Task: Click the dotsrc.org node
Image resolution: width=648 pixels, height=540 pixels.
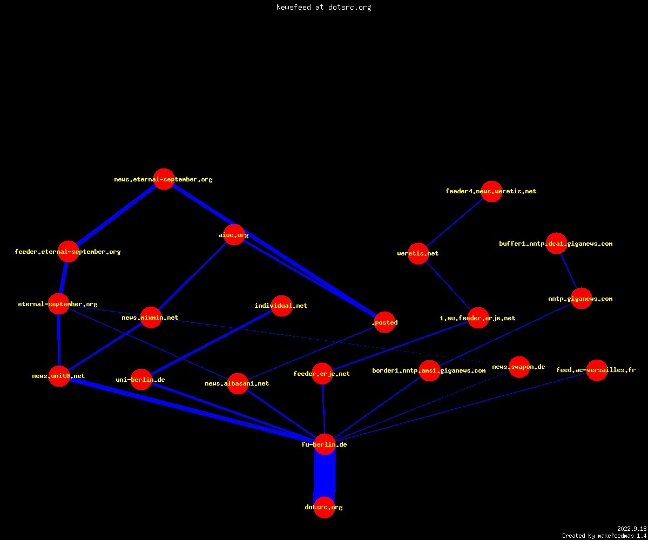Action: click(x=324, y=507)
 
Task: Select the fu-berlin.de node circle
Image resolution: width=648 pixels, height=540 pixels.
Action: click(x=325, y=444)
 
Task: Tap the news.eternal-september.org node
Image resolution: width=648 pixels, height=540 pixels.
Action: click(x=164, y=179)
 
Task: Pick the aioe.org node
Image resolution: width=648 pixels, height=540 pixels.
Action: click(x=234, y=234)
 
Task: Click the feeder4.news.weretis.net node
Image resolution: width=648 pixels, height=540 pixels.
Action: click(x=491, y=191)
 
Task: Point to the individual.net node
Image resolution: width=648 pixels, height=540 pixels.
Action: click(x=281, y=306)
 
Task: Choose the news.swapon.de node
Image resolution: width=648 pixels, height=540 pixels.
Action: click(x=519, y=367)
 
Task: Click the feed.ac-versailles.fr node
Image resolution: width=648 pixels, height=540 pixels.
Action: click(x=597, y=370)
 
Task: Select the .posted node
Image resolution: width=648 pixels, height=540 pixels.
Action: click(x=385, y=322)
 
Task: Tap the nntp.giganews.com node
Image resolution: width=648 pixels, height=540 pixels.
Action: click(x=581, y=299)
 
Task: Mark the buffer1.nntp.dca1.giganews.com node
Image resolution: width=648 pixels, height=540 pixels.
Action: click(x=556, y=244)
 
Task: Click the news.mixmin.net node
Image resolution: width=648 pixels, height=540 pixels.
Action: click(x=151, y=317)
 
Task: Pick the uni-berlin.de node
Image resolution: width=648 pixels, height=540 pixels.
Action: click(x=141, y=379)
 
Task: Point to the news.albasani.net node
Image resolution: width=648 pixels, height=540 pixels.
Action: click(x=238, y=383)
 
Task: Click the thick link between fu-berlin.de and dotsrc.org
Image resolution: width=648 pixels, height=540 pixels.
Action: click(x=325, y=476)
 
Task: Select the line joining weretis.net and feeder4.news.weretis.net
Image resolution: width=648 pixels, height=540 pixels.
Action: click(x=455, y=222)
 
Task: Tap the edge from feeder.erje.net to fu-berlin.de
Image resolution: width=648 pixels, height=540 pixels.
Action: click(x=323, y=409)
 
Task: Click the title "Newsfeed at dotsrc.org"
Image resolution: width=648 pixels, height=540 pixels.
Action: click(x=323, y=8)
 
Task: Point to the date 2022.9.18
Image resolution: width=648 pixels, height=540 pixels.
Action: click(x=632, y=529)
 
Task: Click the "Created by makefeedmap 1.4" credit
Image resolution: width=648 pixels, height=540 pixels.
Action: click(x=604, y=536)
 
